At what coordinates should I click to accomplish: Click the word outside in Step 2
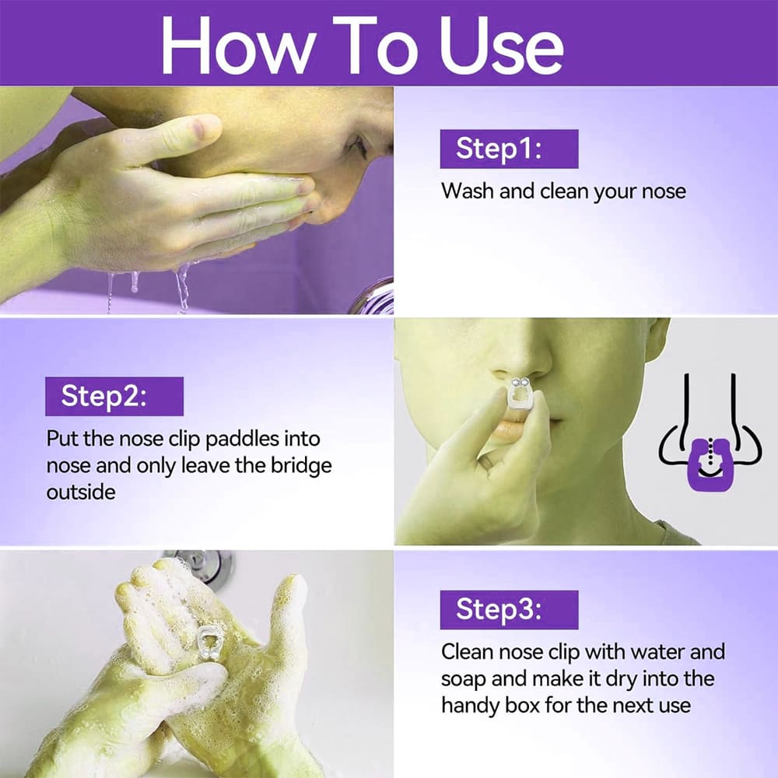pyautogui.click(x=81, y=492)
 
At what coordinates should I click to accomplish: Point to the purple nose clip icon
pyautogui.click(x=710, y=464)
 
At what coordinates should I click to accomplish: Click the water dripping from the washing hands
pyautogui.click(x=181, y=288)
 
